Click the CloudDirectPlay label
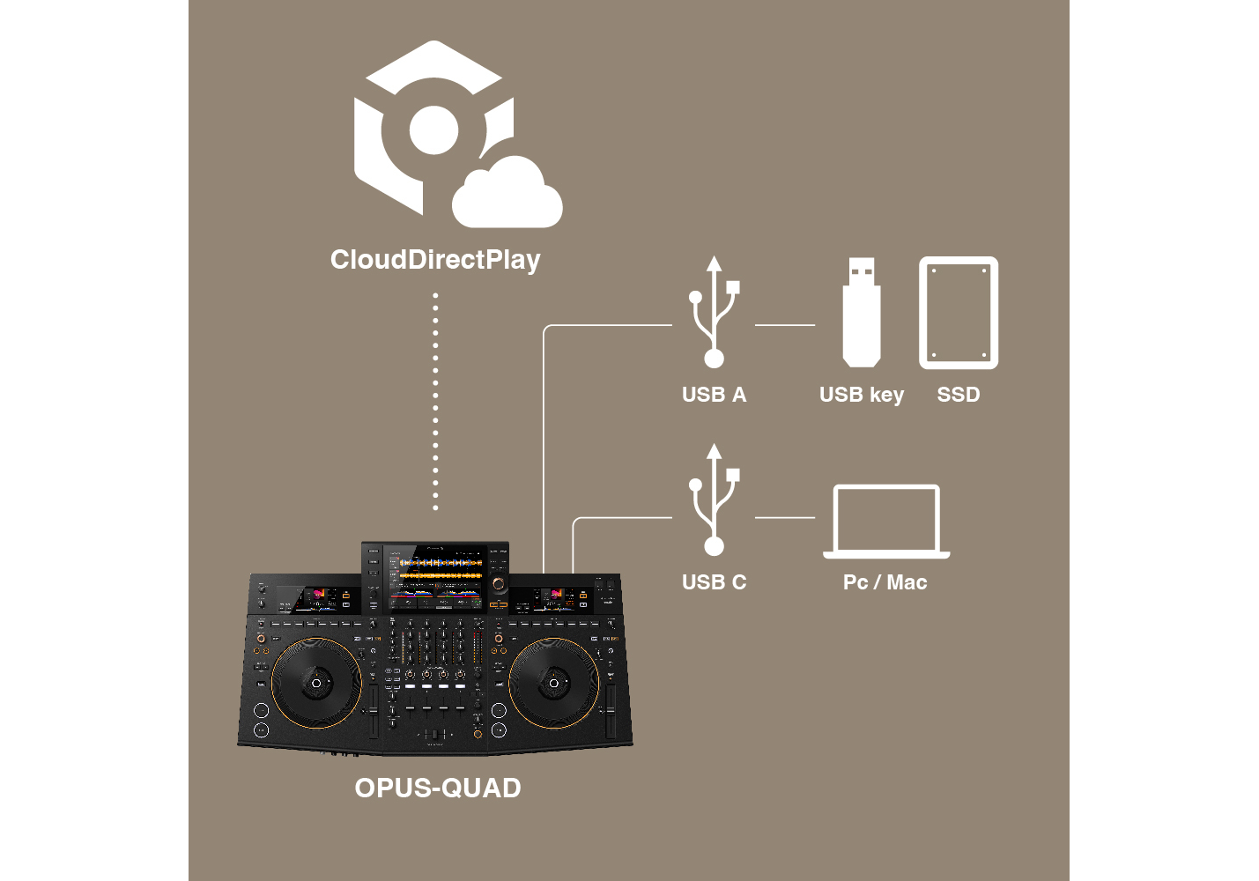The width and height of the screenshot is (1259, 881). pyautogui.click(x=435, y=260)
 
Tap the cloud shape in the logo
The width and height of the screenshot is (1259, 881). pyautogui.click(x=507, y=193)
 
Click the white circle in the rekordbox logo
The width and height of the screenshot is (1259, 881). pyautogui.click(x=433, y=130)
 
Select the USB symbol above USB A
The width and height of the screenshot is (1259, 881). pyautogui.click(x=715, y=312)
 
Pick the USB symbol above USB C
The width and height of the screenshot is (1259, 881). pyautogui.click(x=715, y=500)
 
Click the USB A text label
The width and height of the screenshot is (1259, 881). pyautogui.click(x=715, y=395)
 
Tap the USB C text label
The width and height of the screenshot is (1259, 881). pyautogui.click(x=715, y=582)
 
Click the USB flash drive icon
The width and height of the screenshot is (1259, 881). pyautogui.click(x=862, y=313)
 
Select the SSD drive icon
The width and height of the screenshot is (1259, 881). pyautogui.click(x=959, y=313)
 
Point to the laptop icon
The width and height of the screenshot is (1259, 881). pyautogui.click(x=886, y=522)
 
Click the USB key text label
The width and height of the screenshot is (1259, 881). pyautogui.click(x=862, y=395)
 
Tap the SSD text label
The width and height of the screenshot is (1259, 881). pyautogui.click(x=959, y=395)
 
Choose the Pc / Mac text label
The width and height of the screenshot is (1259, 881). pyautogui.click(x=885, y=582)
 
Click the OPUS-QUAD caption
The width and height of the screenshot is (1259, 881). pyautogui.click(x=438, y=788)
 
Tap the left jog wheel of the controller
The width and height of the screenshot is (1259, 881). pyautogui.click(x=316, y=683)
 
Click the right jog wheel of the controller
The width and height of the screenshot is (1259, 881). pyautogui.click(x=553, y=683)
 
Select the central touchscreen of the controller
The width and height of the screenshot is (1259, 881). pyautogui.click(x=436, y=577)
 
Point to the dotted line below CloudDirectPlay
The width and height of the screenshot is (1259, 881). pyautogui.click(x=435, y=402)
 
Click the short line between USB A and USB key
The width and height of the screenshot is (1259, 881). pyautogui.click(x=785, y=325)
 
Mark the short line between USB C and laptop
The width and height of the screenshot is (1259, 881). pyautogui.click(x=785, y=517)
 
